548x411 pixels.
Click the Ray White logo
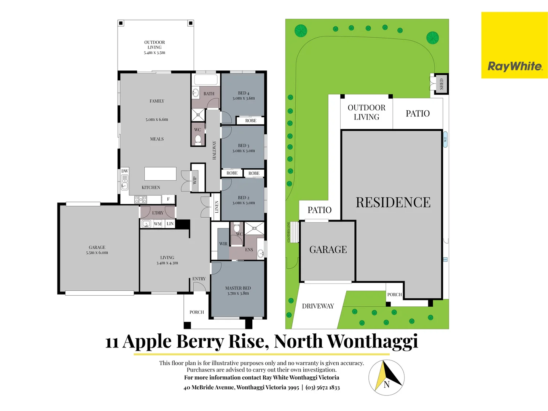(515, 66)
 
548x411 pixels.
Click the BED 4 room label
(244, 93)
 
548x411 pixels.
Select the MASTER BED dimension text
(238, 293)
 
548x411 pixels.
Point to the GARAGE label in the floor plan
(97, 247)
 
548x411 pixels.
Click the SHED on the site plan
(441, 84)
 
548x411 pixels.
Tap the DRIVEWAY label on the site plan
(318, 306)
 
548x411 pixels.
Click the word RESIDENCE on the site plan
(393, 202)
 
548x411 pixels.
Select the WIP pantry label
(195, 180)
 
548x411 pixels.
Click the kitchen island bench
(160, 174)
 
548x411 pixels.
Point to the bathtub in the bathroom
(206, 80)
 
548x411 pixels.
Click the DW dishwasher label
(125, 171)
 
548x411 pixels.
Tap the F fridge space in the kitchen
(168, 199)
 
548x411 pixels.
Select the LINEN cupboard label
(217, 207)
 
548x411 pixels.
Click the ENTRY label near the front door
(199, 279)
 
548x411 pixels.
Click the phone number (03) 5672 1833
(322, 387)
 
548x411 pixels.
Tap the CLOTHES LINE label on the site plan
(288, 232)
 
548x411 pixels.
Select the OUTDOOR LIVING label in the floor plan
(155, 47)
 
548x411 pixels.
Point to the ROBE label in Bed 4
(250, 121)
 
